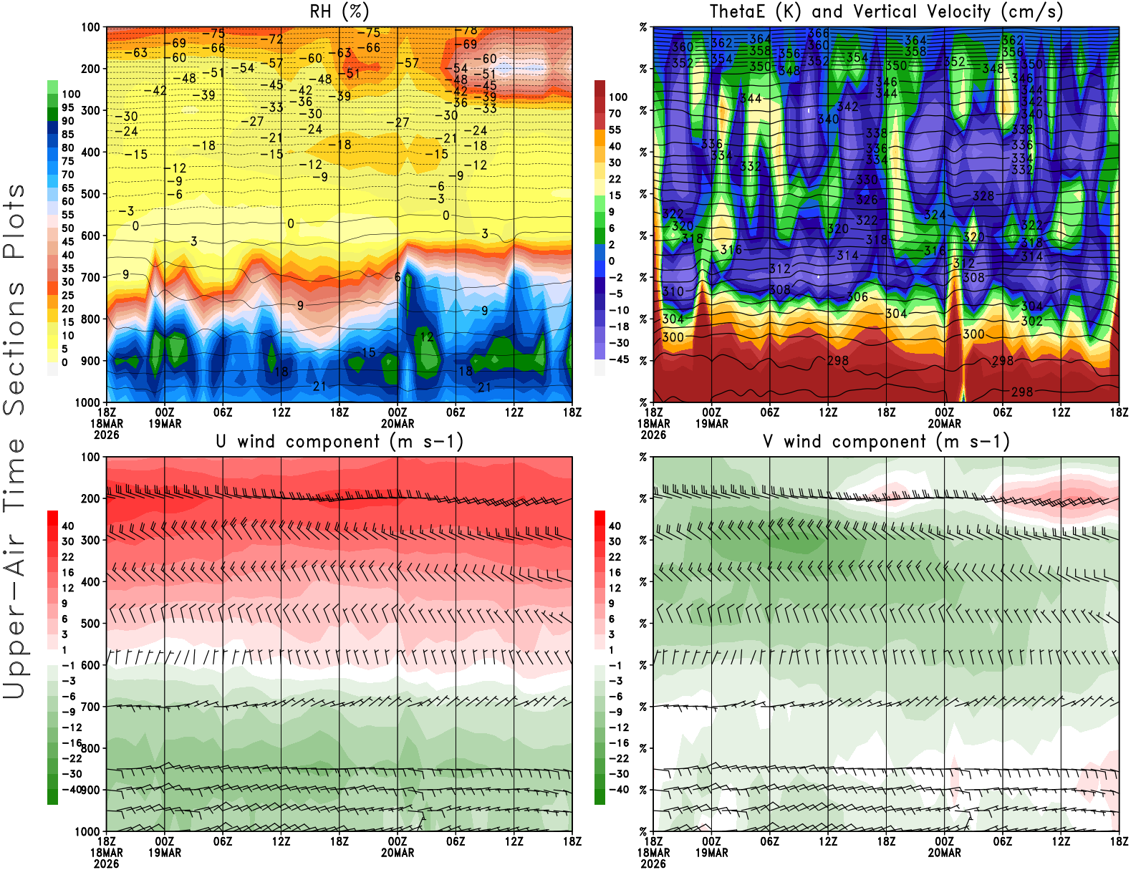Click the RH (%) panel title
339,11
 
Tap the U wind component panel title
339,441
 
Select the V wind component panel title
886,441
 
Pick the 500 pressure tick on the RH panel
91,194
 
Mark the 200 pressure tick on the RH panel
91,69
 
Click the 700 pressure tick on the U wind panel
91,707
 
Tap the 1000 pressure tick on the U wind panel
88,832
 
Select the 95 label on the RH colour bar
67,107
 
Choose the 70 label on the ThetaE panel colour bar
615,113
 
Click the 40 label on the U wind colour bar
67,526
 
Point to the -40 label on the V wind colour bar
618,790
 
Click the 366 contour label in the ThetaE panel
818,33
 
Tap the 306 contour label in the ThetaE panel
857,296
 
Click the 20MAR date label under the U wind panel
398,853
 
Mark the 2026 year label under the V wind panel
653,864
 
